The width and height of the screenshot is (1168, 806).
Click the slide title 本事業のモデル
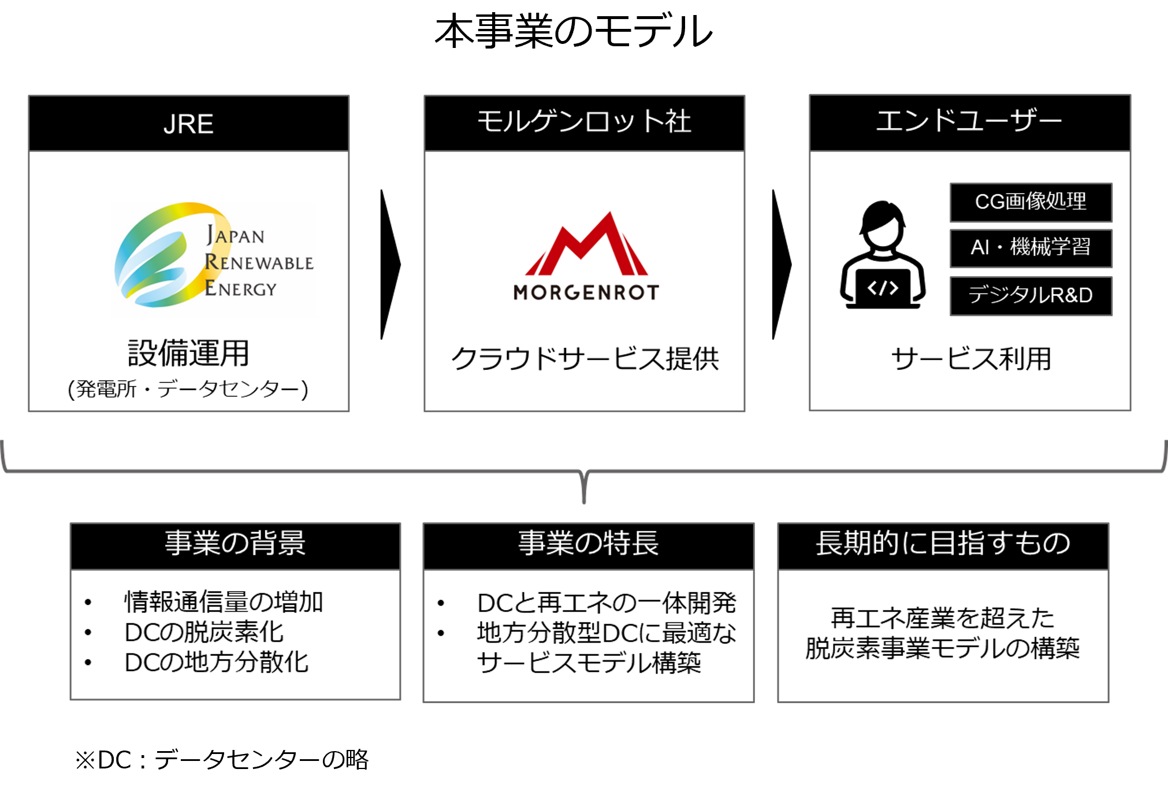click(574, 32)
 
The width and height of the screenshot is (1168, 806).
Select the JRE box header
click(189, 124)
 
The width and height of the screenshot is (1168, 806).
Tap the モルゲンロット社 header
click(584, 122)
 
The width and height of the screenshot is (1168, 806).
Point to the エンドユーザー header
click(969, 122)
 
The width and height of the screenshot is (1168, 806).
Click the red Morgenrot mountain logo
click(586, 245)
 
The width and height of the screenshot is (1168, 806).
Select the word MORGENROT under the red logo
click(586, 292)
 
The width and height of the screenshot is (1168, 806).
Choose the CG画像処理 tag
click(1031, 202)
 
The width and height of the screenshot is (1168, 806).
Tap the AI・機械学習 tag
click(1031, 248)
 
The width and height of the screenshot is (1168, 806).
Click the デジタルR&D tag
click(1031, 296)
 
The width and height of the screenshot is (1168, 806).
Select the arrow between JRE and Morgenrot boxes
click(389, 265)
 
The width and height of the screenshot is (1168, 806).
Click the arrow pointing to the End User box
click(781, 265)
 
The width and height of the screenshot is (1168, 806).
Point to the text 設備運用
click(188, 353)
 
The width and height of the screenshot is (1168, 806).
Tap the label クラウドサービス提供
click(585, 359)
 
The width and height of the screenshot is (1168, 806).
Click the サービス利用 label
click(970, 359)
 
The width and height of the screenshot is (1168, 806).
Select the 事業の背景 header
click(235, 544)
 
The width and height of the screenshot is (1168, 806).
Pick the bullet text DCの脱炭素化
click(204, 632)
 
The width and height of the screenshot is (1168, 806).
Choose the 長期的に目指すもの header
click(943, 544)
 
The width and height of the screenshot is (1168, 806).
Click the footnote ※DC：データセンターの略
click(222, 760)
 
